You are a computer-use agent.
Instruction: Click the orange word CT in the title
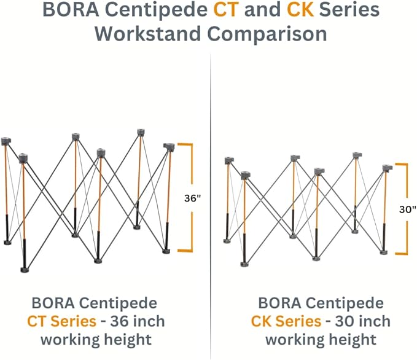pos(225,10)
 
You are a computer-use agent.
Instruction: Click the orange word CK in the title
pos(300,10)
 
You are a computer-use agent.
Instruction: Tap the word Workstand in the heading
pos(147,34)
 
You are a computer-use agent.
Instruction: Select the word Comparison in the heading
pos(267,34)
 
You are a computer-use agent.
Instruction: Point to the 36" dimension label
pos(193,198)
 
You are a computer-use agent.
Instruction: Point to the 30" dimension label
pos(407,209)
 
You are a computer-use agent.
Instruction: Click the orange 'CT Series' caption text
pos(61,321)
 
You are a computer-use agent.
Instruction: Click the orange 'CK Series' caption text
pos(286,321)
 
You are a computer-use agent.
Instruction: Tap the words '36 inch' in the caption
pos(138,321)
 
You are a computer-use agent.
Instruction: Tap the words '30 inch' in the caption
pos(363,321)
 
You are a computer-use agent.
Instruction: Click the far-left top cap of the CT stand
pos(6,141)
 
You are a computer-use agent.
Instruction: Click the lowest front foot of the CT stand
pos(25,270)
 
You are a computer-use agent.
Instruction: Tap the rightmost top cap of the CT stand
pos(169,147)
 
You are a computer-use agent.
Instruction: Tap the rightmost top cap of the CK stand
pos(387,168)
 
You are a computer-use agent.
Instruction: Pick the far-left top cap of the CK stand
pos(229,161)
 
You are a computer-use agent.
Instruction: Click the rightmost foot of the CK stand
pos(383,252)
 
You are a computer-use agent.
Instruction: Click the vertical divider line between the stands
pos(211,206)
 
